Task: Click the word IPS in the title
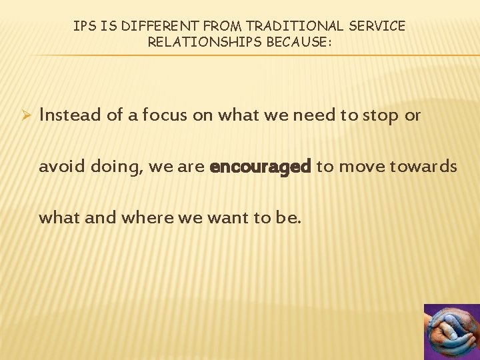click(84, 26)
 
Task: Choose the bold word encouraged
click(260, 167)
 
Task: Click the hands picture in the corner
click(451, 332)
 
